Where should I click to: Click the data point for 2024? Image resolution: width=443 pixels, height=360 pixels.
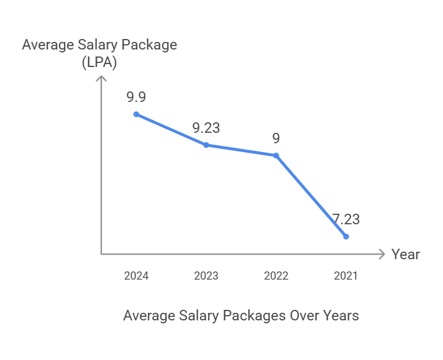(x=136, y=114)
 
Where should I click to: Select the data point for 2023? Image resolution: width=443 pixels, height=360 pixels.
(x=206, y=144)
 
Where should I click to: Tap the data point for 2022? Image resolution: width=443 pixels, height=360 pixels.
(x=276, y=156)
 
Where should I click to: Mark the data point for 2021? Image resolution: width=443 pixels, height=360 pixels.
(x=346, y=237)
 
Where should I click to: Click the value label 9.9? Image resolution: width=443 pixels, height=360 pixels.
(x=136, y=97)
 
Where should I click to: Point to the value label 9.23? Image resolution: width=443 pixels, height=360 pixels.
(x=206, y=128)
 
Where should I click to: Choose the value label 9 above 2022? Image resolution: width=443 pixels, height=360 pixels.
(x=276, y=139)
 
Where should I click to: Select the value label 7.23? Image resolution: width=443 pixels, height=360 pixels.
(x=346, y=220)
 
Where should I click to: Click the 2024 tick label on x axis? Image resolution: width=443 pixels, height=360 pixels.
(x=136, y=276)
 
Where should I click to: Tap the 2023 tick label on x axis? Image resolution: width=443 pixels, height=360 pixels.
(x=206, y=276)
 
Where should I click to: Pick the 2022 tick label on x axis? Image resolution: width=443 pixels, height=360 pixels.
(x=276, y=276)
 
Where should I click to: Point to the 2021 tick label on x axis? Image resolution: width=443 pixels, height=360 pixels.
(x=346, y=276)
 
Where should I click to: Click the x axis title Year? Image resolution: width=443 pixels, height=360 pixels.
(x=406, y=255)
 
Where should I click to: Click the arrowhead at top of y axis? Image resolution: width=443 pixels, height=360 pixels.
(x=101, y=79)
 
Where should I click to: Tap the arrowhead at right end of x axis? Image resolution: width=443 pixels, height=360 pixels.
(x=382, y=254)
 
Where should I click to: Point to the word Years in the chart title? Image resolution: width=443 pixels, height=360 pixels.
(x=341, y=316)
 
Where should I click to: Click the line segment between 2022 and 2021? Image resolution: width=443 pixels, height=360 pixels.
(x=311, y=196)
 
